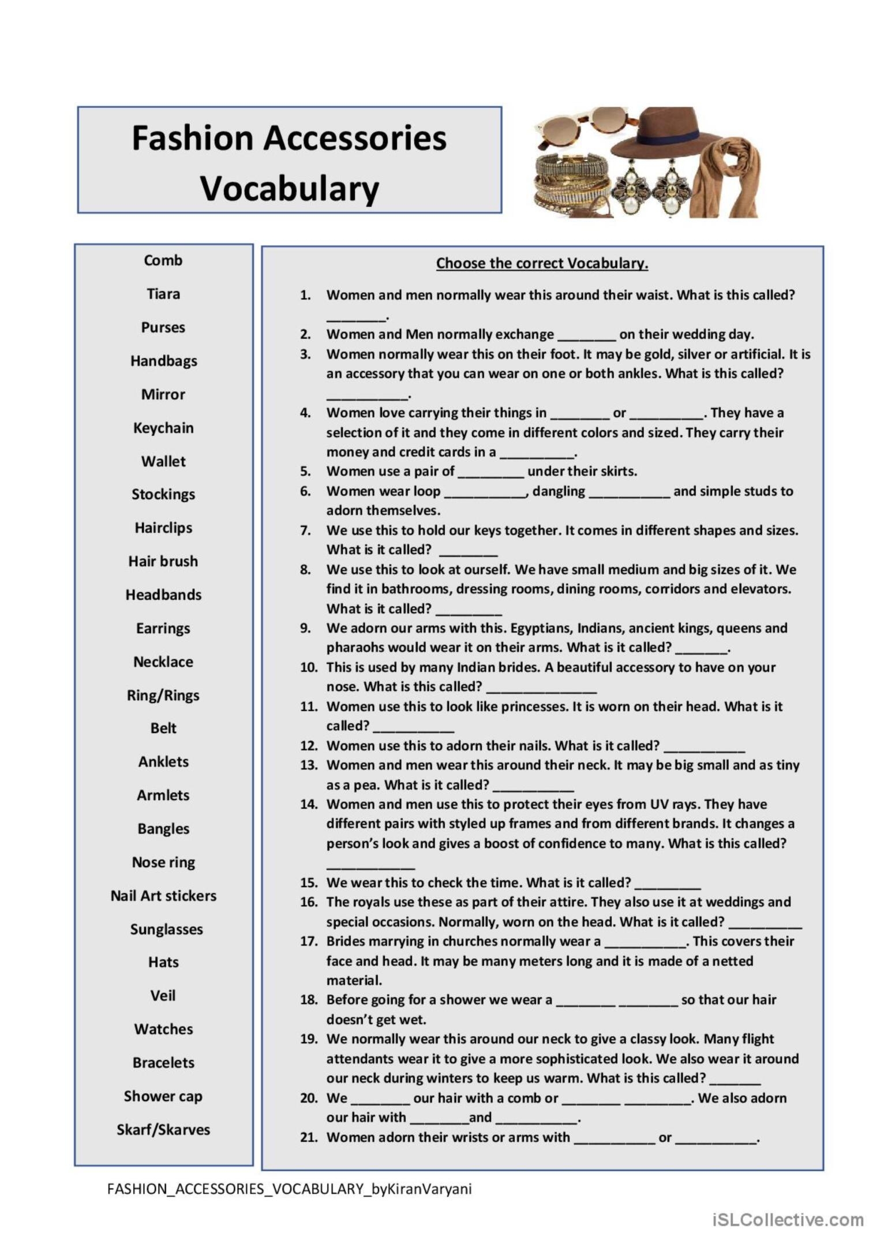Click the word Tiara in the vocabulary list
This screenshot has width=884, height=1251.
[163, 294]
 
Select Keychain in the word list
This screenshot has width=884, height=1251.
[163, 428]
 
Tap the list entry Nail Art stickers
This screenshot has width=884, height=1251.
[163, 895]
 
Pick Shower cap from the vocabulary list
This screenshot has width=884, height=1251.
[163, 1096]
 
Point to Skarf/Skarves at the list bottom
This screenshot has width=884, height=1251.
[163, 1129]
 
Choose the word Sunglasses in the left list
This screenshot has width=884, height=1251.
[166, 929]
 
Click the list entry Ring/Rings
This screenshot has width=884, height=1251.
[163, 695]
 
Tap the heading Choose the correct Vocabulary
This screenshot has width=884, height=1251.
[542, 263]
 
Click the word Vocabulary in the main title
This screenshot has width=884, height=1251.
[290, 188]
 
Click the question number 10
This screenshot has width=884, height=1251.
[309, 667]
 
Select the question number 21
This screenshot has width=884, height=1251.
[309, 1137]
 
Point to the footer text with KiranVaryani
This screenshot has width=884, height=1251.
[289, 1189]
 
